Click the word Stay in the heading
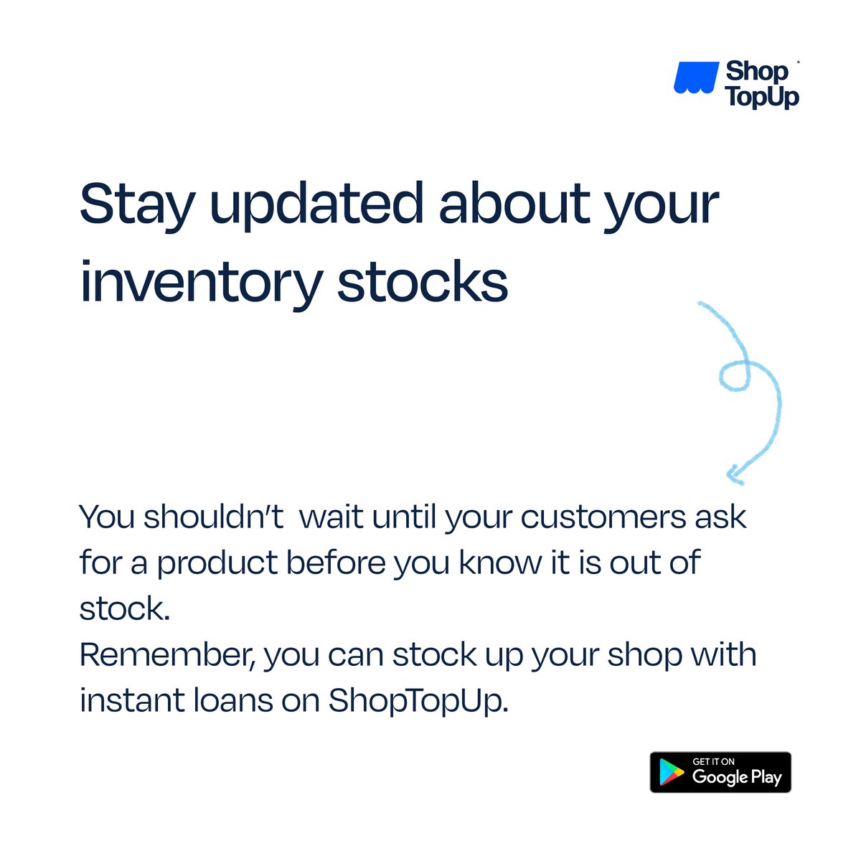click(x=136, y=205)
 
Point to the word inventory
click(x=200, y=283)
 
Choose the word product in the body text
click(x=217, y=564)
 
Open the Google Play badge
click(x=720, y=772)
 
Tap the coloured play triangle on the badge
click(x=672, y=773)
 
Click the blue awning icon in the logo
click(x=695, y=78)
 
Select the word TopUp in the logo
click(x=762, y=96)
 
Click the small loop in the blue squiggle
click(x=734, y=377)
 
